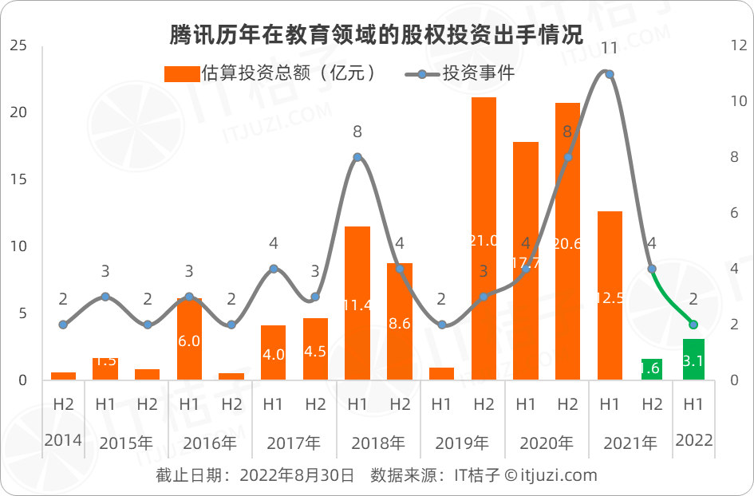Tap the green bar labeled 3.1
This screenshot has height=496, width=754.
[x=693, y=360]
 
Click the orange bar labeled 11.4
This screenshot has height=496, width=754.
[x=357, y=303]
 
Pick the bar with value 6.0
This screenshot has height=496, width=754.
[x=189, y=339]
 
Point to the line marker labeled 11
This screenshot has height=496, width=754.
[x=610, y=74]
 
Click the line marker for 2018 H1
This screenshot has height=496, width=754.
[x=357, y=157]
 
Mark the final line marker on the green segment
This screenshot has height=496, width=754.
[x=693, y=325]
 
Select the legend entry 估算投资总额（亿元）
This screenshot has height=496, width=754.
[x=270, y=73]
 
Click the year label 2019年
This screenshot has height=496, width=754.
[x=462, y=443]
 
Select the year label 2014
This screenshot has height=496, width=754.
[x=63, y=441]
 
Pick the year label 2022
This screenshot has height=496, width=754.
[x=693, y=441]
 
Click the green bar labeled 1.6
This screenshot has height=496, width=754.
[x=652, y=369]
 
